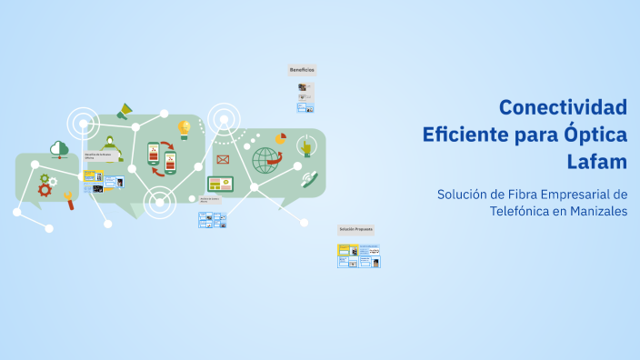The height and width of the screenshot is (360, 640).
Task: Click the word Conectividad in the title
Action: [563, 107]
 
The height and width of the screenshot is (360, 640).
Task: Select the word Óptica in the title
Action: [595, 135]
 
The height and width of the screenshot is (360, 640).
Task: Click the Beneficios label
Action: [302, 70]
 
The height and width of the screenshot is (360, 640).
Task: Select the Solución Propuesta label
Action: [355, 229]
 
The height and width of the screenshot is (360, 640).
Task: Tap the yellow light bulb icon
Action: [185, 128]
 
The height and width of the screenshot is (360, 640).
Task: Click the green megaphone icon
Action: [125, 112]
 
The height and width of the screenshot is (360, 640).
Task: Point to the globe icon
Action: [265, 160]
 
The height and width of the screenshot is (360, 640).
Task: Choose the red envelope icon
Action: [222, 160]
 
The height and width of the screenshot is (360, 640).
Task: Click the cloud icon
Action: [60, 147]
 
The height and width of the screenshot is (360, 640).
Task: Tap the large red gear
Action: [44, 190]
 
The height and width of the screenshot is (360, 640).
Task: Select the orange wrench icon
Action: [69, 200]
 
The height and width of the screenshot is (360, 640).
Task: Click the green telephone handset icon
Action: [309, 179]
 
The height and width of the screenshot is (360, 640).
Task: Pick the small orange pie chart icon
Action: [281, 139]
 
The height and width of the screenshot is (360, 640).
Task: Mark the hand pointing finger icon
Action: [306, 145]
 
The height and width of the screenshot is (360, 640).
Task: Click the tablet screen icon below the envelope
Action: [221, 184]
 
